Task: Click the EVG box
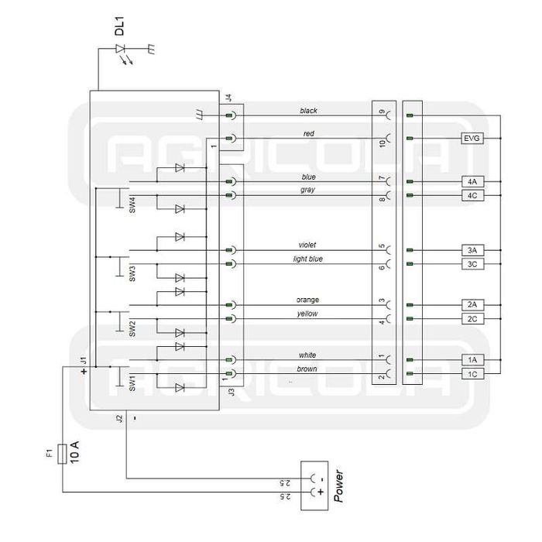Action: tap(472, 139)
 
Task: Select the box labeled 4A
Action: tap(472, 181)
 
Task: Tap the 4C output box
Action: tap(472, 195)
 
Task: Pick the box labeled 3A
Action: tap(472, 250)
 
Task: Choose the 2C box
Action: tap(472, 318)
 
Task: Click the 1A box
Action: tap(472, 360)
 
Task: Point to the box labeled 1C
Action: tap(472, 374)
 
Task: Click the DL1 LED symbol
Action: tap(122, 49)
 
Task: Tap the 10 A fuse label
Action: tap(75, 451)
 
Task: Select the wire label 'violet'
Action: tap(307, 245)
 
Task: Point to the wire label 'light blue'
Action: tap(307, 259)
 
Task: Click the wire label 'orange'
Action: tap(307, 300)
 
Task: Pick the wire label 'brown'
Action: tap(307, 369)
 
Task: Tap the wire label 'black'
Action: tap(308, 111)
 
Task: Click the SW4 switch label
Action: tap(132, 206)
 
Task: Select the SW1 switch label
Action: tap(132, 383)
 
